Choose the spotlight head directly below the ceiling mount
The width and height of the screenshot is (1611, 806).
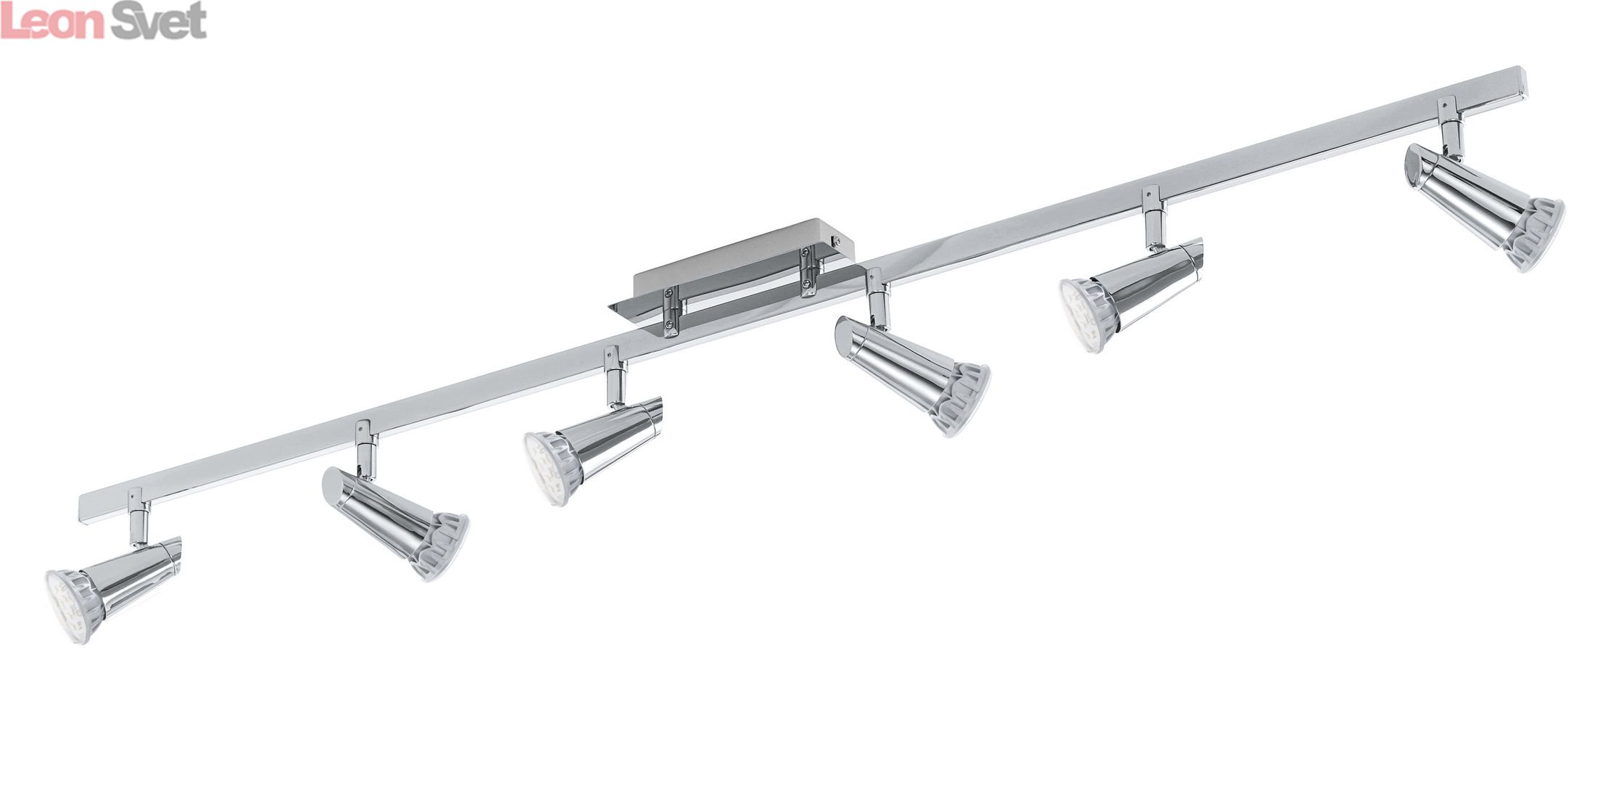click(912, 374)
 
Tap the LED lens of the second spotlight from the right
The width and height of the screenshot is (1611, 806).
click(1082, 316)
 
